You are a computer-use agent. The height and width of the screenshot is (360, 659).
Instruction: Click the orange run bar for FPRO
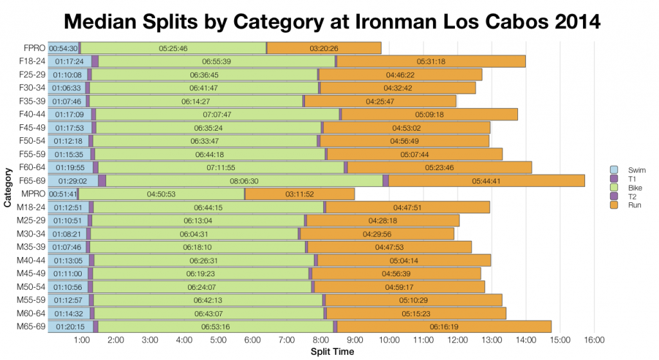(x=324, y=48)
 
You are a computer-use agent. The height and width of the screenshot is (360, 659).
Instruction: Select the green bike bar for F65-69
(x=244, y=181)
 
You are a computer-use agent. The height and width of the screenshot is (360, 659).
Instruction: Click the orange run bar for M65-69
(x=444, y=327)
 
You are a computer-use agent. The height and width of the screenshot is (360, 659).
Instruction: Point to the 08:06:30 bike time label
(x=244, y=181)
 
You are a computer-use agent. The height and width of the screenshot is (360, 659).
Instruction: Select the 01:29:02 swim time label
(x=72, y=181)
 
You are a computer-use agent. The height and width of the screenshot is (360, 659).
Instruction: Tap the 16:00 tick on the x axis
(x=593, y=339)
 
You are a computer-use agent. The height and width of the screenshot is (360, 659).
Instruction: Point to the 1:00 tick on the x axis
(x=82, y=339)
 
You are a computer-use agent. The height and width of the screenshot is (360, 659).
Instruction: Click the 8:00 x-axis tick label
(x=320, y=339)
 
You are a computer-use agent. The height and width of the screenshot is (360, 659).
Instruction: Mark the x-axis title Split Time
(x=332, y=352)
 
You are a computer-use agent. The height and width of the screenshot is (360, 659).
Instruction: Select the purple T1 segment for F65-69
(x=102, y=181)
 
